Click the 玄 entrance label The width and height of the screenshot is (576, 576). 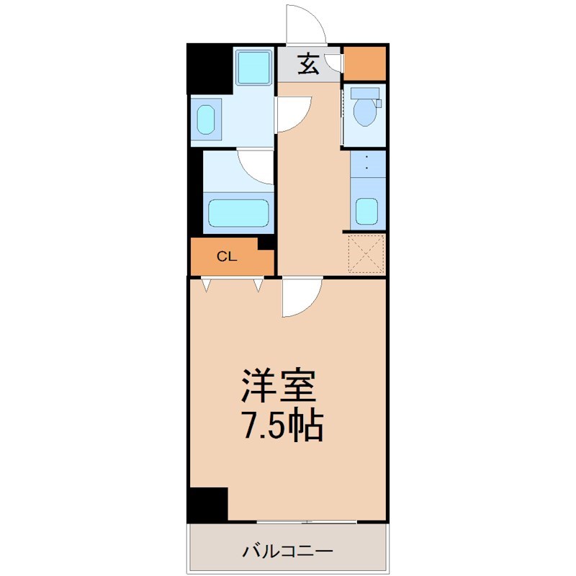(308, 64)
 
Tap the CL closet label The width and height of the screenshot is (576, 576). (227, 256)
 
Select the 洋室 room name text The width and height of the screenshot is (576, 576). (279, 386)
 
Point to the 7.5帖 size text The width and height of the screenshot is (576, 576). (282, 426)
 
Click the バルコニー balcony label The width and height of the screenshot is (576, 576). (287, 551)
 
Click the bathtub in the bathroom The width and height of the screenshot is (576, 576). (238, 213)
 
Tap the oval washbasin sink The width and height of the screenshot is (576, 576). (206, 120)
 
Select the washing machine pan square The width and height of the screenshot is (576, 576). (254, 67)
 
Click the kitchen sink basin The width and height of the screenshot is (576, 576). (367, 211)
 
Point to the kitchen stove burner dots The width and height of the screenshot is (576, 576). (367, 163)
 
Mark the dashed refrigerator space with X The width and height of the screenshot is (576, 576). (366, 254)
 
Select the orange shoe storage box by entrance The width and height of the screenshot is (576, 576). (364, 63)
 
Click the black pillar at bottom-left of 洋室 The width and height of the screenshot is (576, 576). (208, 503)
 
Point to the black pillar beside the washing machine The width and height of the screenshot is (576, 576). (210, 69)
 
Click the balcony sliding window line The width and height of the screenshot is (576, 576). (307, 521)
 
